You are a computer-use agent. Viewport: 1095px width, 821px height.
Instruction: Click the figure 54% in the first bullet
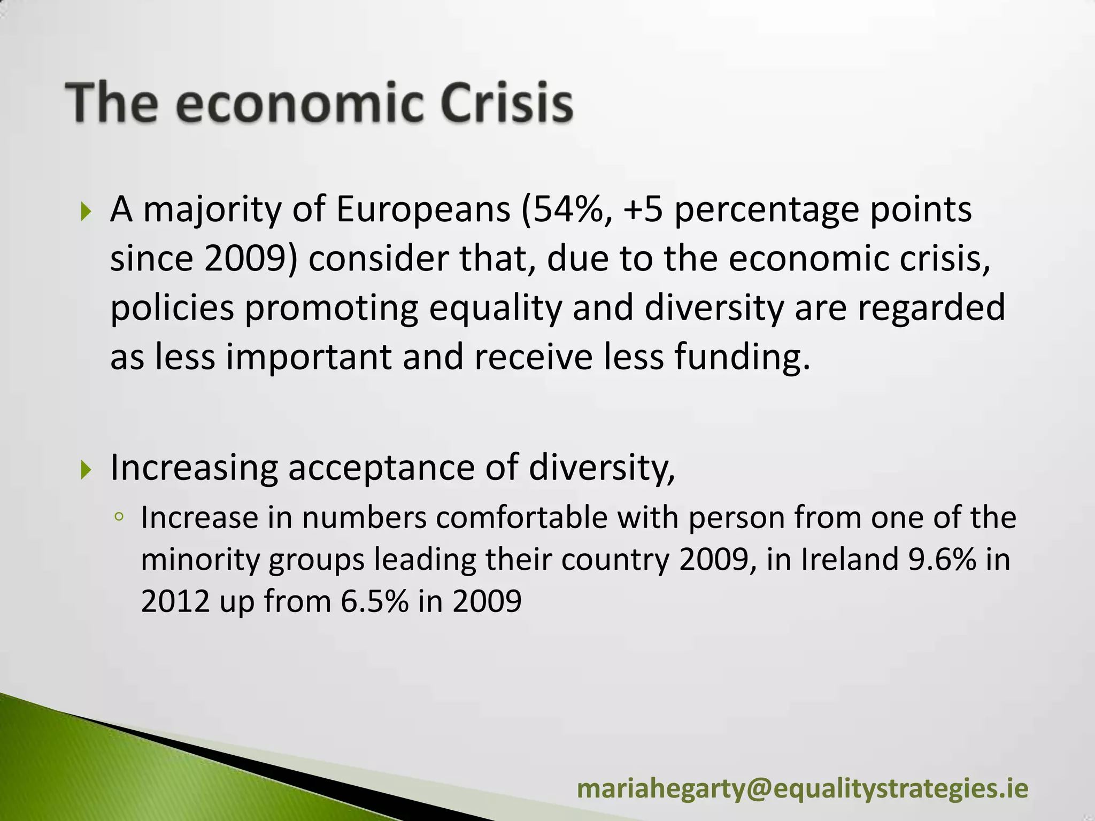click(568, 210)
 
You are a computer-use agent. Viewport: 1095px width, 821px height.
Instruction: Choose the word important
click(309, 357)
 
